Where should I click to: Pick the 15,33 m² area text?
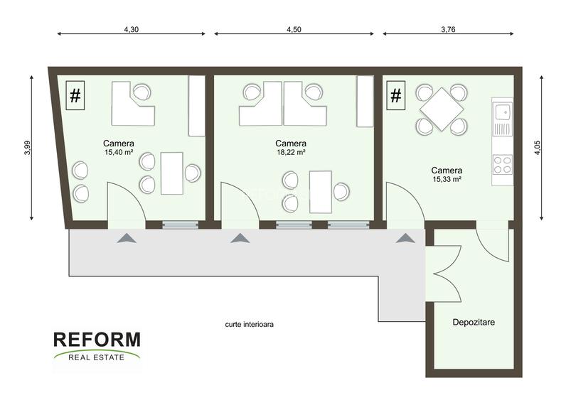pos(447,180)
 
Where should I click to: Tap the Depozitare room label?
pos(474,322)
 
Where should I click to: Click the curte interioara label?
pos(248,323)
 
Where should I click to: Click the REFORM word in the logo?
pos(97,340)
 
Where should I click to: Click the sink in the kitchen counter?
pos(502,113)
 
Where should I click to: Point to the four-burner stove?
pos(502,165)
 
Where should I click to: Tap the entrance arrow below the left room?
pos(126,239)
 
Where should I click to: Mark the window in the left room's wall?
pos(179,225)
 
